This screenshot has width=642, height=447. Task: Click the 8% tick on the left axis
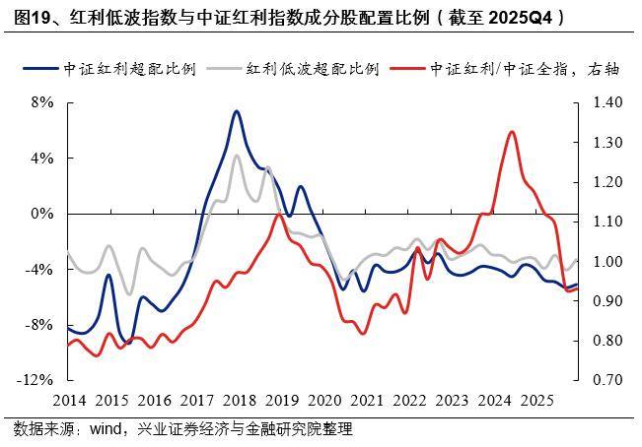pos(42,102)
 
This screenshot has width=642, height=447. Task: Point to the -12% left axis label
pos(36,380)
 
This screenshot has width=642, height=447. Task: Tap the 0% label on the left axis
pos(42,214)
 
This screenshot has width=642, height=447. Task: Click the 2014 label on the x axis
pos(69,401)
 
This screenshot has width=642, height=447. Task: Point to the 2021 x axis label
pos(366,401)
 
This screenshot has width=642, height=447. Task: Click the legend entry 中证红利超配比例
pos(128,69)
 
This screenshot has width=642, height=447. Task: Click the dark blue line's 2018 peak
pos(237,111)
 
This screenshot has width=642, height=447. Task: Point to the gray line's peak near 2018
pos(237,156)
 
